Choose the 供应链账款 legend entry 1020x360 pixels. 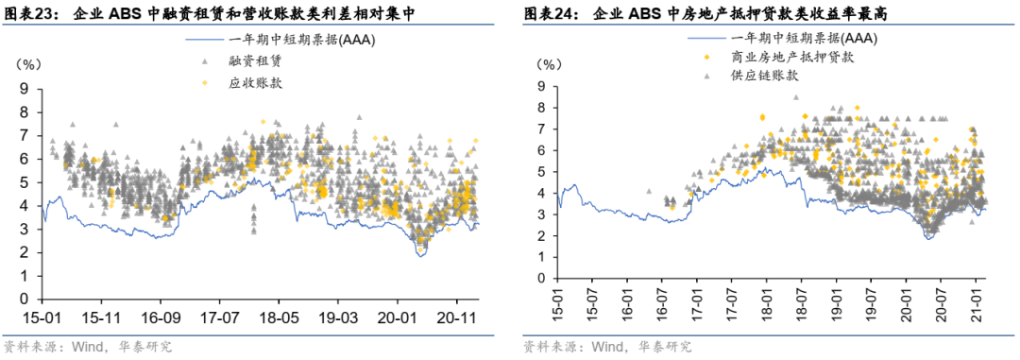(x=764, y=75)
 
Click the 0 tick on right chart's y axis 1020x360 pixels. (x=541, y=280)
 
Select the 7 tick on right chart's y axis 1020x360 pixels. (x=541, y=129)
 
